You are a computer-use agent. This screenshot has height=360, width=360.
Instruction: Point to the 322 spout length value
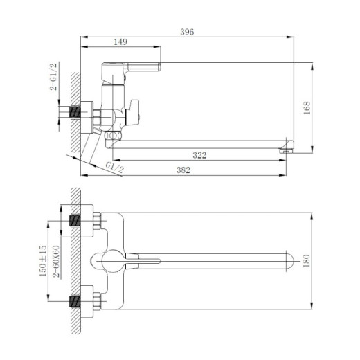click(199, 156)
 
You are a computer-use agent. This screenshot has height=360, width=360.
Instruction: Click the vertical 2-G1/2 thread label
click(53, 78)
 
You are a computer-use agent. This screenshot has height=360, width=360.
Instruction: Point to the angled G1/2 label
click(114, 167)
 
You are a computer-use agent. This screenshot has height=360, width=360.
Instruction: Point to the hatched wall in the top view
click(78, 261)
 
